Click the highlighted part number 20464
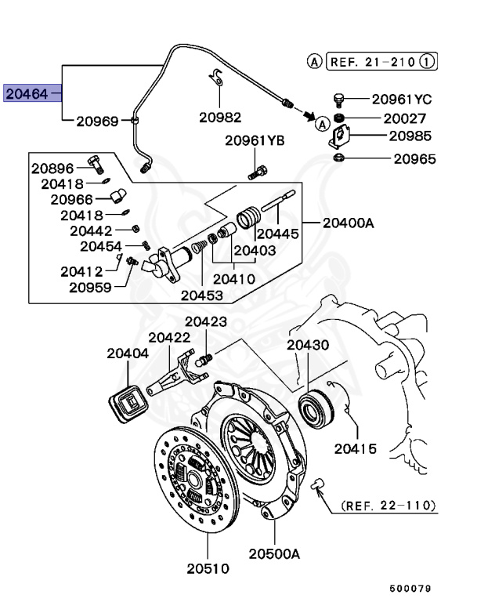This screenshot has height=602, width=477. pos(28,95)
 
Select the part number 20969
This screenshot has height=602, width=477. pos(96,121)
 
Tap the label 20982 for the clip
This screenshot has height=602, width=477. pos(219,117)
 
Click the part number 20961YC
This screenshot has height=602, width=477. pos(402,100)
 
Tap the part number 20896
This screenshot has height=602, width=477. pos(52,168)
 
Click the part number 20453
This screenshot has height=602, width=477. pos(202,295)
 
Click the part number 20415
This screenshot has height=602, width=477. pos(356,448)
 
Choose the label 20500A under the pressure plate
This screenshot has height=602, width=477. pos(275,553)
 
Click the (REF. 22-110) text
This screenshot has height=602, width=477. pos(388,506)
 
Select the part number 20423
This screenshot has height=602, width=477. pos(206,321)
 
